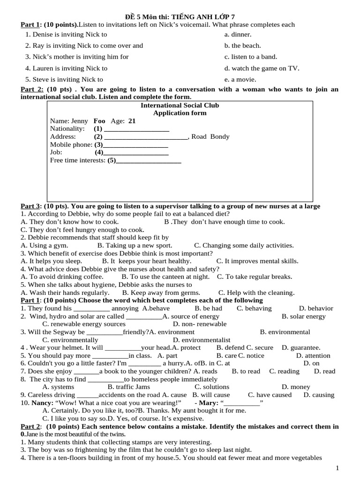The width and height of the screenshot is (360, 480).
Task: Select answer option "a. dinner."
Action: tap(238, 34)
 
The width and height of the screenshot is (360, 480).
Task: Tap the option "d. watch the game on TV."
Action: tap(262, 68)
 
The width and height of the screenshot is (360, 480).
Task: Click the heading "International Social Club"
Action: tap(180, 105)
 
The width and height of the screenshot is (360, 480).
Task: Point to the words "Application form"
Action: tap(180, 113)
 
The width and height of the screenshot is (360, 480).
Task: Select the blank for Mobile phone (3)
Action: tap(135, 144)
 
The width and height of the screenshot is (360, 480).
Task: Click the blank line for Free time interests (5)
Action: tap(148, 161)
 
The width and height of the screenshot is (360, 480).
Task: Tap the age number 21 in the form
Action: tap(125, 120)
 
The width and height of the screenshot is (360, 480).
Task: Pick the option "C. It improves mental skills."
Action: tap(257, 261)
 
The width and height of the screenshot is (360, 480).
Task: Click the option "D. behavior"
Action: tap(316, 308)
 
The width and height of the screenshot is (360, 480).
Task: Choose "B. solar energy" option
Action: tap(303, 316)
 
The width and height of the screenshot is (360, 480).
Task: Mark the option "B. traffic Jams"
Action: tap(129, 387)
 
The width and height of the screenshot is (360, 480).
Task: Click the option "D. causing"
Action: tap(319, 395)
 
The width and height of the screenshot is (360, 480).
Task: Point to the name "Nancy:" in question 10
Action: tap(41, 403)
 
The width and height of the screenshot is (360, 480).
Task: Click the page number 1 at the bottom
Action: tap(337, 468)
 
